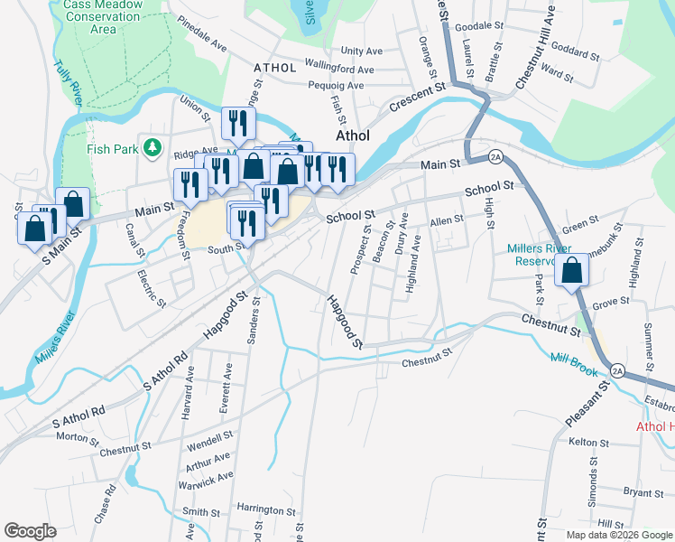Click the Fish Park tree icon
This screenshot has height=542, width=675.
(x=153, y=146)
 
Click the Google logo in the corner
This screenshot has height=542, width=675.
(x=30, y=531)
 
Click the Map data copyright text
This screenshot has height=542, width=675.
(x=618, y=535)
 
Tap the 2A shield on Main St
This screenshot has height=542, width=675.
(x=495, y=157)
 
